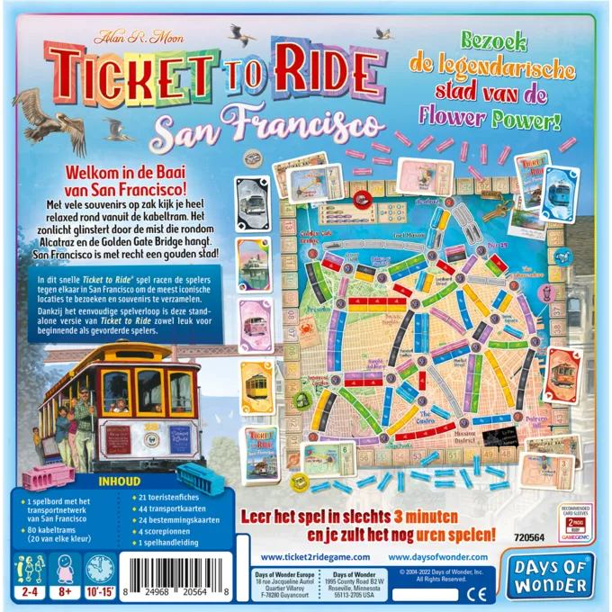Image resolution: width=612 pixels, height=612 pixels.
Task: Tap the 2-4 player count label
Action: (26, 595)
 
